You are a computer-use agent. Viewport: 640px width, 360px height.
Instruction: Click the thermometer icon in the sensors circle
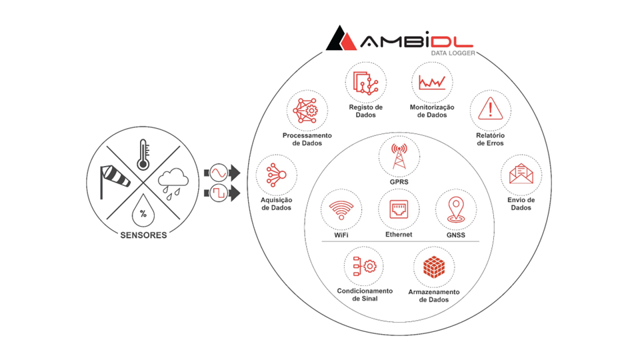143,155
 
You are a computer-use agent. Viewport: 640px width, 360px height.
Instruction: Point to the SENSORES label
143,235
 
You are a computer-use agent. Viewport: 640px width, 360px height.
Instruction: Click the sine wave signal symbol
218,173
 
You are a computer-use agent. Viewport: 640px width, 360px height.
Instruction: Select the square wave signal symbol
218,194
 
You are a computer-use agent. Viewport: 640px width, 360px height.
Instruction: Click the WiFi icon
341,209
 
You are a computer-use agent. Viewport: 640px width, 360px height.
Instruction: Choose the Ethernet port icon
399,209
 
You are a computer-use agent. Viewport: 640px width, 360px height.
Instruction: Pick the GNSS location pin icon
456,209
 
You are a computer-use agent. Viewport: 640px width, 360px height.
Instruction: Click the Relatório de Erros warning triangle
491,109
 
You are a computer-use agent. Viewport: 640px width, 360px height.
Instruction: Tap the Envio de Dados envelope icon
521,175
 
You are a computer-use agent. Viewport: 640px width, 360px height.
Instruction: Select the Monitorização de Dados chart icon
432,83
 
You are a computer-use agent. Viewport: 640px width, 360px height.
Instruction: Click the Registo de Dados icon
365,83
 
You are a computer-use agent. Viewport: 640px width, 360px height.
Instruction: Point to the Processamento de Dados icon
307,111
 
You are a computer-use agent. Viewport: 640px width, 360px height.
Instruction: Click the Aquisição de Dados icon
276,175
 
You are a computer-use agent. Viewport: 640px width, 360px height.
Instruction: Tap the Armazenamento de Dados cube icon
434,267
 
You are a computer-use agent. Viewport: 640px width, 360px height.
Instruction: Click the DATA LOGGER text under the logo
453,53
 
